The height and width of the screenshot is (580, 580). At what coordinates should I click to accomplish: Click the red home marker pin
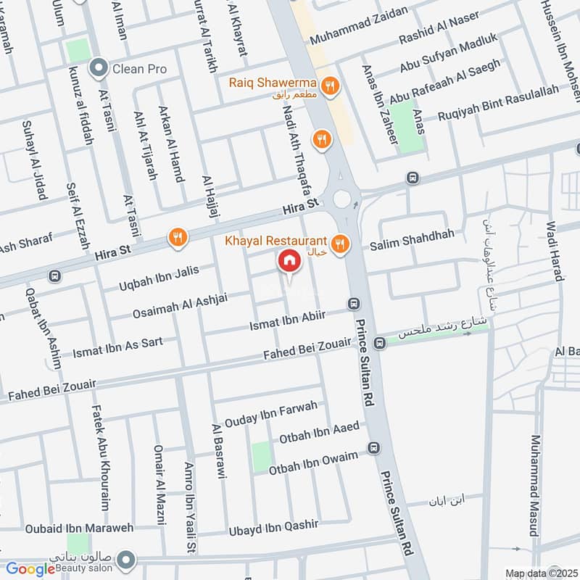click(x=289, y=261)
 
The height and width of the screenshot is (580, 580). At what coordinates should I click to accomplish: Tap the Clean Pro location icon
click(x=97, y=69)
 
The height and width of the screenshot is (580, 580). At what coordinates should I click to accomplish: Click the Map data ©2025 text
click(x=542, y=573)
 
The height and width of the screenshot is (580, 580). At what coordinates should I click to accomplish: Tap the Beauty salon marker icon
click(x=126, y=559)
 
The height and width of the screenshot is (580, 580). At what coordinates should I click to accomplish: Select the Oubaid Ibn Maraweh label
click(x=80, y=529)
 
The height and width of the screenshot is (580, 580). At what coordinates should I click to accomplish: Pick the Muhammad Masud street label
click(x=536, y=485)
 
